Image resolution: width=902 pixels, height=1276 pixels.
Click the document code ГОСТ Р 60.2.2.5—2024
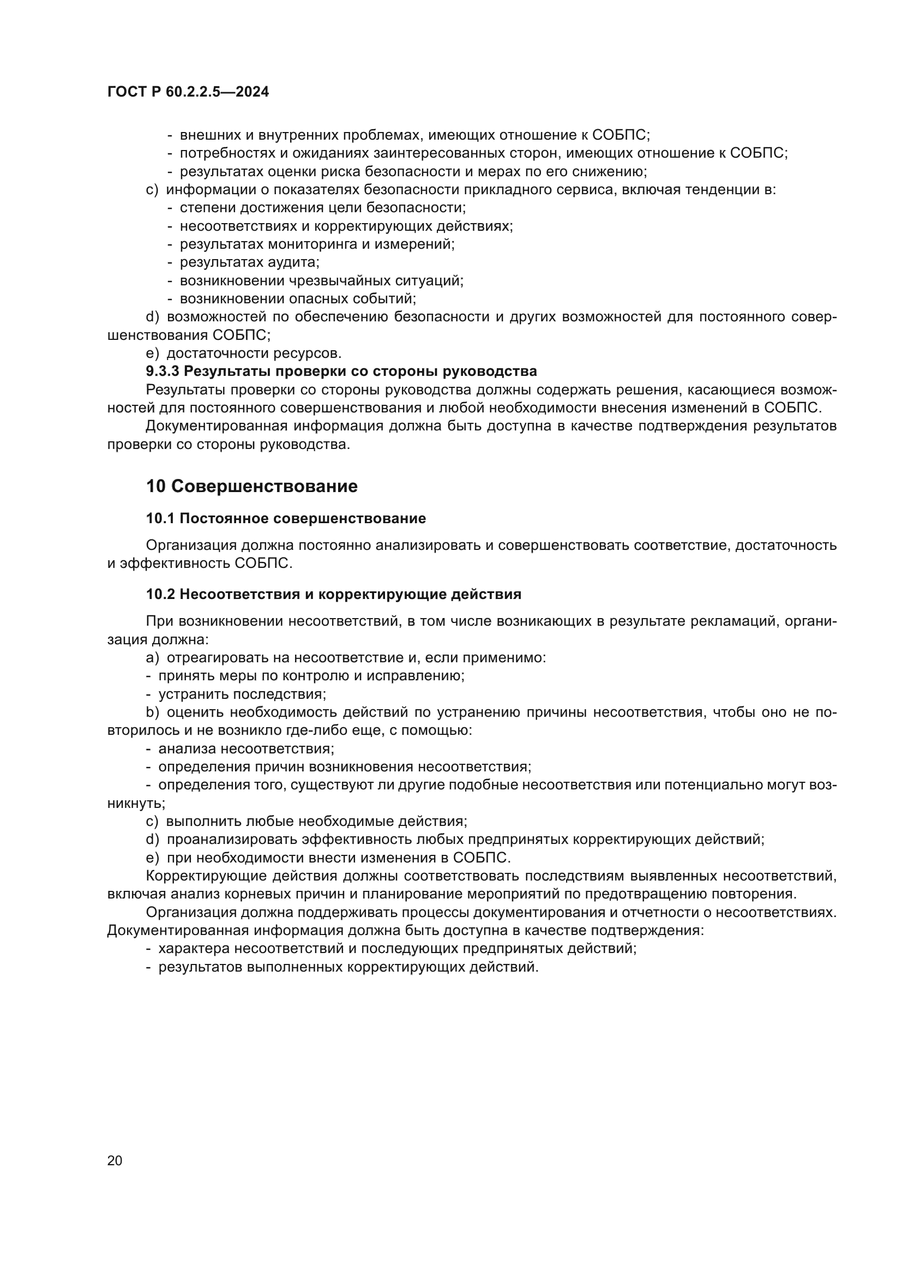coord(188,92)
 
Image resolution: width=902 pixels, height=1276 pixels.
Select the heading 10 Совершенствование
coord(251,486)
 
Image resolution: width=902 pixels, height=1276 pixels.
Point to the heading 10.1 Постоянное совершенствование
coord(286,518)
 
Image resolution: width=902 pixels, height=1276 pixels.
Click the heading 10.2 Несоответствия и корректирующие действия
coord(333,595)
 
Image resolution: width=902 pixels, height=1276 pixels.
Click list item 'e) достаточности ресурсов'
coord(244,353)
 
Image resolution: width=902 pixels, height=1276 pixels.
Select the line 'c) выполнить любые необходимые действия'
coord(306,822)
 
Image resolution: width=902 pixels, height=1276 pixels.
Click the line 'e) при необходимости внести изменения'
coord(328,858)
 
